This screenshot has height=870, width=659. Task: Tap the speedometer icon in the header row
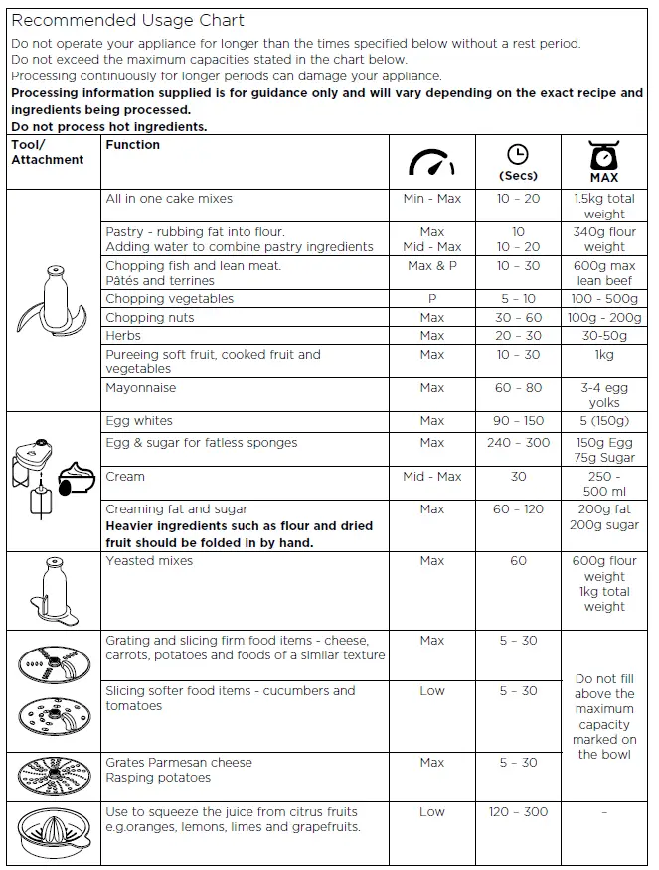431,162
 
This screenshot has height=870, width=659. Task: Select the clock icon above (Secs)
517,154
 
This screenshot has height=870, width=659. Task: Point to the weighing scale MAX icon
603,161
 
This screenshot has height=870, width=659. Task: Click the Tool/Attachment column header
48,152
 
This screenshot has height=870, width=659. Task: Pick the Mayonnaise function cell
141,388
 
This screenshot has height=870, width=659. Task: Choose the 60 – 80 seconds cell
517,388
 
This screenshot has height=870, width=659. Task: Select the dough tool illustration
52,590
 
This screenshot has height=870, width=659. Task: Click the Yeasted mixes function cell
149,561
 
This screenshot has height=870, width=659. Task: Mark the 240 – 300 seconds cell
517,443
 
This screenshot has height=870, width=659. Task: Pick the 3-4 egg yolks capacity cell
603,395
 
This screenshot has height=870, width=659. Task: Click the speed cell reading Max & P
431,266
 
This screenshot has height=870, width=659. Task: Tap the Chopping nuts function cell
150,318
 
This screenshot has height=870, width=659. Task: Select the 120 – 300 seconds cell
517,812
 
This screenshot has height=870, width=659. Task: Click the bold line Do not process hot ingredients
109,127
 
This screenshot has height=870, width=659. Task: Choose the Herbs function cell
124,336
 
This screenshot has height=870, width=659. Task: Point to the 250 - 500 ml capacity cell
603,484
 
